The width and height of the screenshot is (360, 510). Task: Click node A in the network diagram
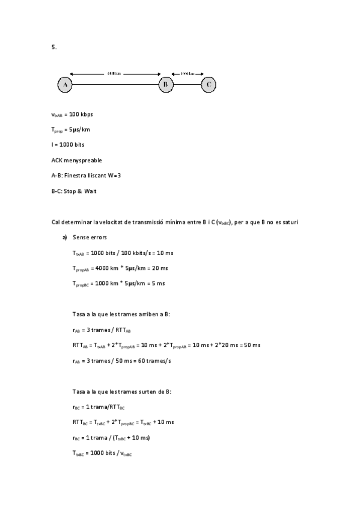pos(64,85)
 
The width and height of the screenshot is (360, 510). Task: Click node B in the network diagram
pos(166,85)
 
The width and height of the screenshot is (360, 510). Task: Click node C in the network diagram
pos(208,85)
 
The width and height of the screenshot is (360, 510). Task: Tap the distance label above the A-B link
pos(114,74)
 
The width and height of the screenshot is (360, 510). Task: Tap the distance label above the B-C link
pos(188,74)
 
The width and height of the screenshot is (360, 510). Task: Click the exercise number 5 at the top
pos(53,48)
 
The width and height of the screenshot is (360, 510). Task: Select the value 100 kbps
pos(81,114)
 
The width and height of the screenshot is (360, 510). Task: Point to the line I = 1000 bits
pos(68,145)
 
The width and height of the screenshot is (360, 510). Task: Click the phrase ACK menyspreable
pos(76,161)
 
